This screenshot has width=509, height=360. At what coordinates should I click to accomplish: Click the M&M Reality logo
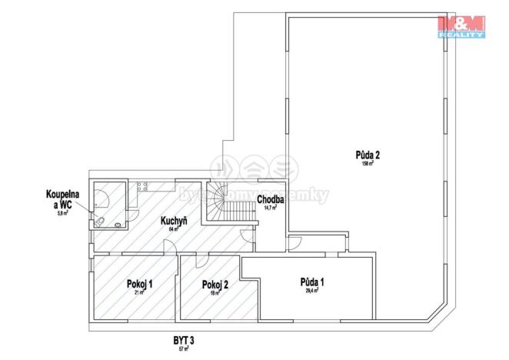[x=461, y=25]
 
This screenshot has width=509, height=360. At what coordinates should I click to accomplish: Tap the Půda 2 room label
[x=368, y=154]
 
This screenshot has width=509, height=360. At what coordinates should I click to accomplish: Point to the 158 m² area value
[x=368, y=163]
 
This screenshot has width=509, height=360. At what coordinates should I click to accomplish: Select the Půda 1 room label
[x=312, y=282]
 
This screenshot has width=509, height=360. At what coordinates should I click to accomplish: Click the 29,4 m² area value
[x=312, y=291]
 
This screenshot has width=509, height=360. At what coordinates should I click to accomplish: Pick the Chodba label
[x=271, y=199]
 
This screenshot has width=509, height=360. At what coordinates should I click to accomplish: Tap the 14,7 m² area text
[x=271, y=208]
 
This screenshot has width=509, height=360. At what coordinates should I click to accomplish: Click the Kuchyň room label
[x=174, y=222]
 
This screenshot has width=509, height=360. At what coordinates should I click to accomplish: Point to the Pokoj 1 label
[x=140, y=284]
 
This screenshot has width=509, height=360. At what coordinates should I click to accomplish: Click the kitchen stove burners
[x=142, y=186]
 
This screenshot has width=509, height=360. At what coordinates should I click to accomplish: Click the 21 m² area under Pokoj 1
[x=140, y=292]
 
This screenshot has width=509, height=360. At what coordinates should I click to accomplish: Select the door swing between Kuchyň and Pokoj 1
[x=169, y=248]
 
